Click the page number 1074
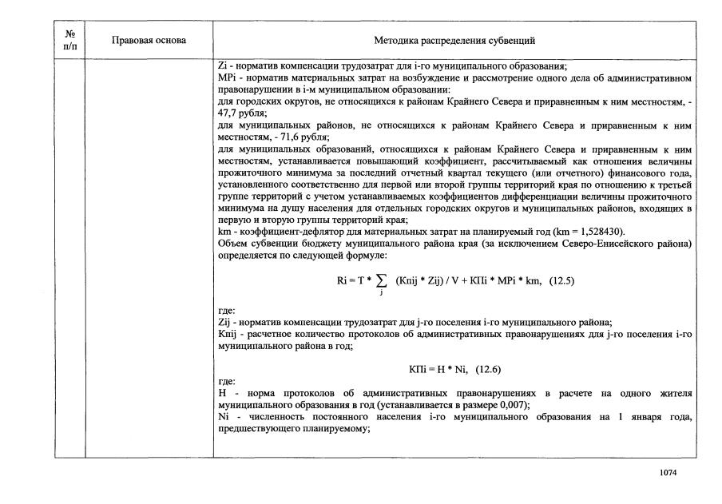[x=668, y=474]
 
